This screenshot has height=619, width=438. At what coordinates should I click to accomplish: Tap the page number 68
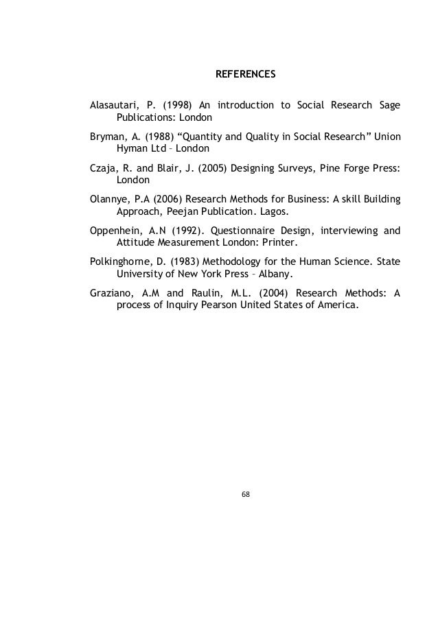[x=246, y=493]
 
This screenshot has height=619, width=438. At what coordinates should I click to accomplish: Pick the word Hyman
[x=130, y=148]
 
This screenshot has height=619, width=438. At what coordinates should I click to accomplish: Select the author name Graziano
[x=111, y=293]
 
